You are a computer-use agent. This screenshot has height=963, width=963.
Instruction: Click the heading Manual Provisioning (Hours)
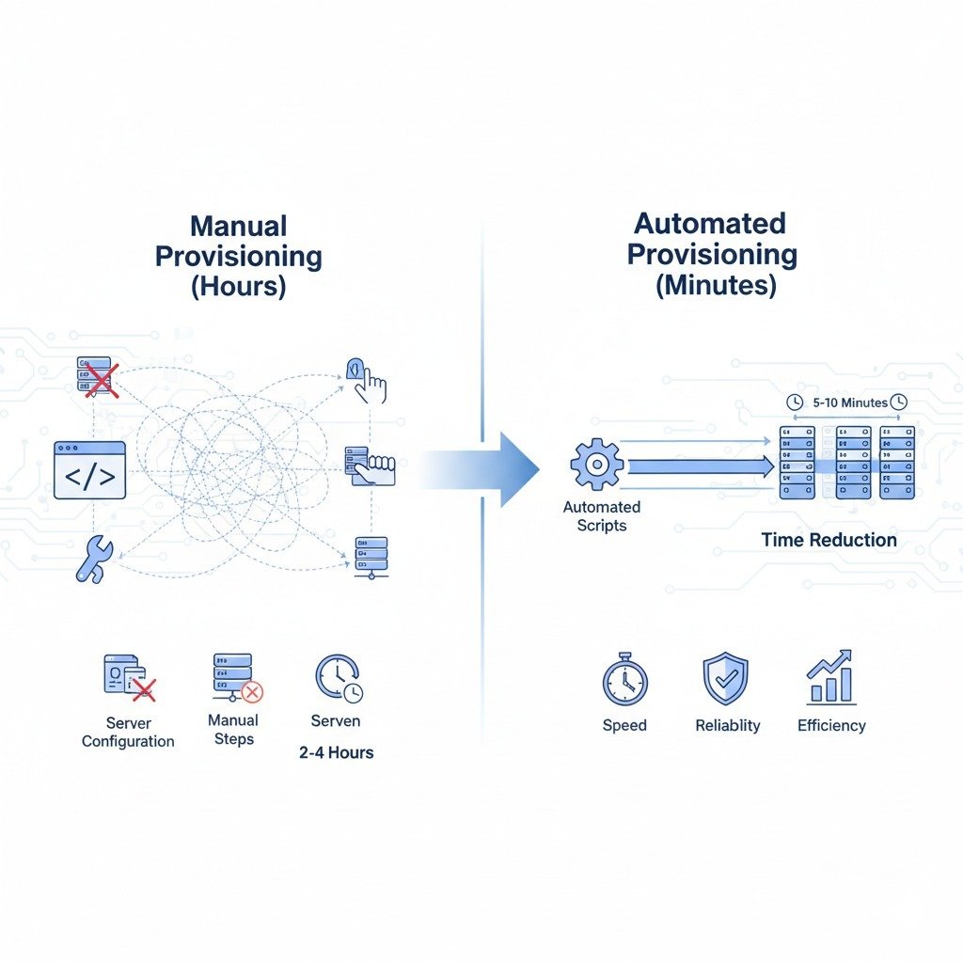coord(238,256)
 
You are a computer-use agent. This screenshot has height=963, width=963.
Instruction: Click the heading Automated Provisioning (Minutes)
coord(711,254)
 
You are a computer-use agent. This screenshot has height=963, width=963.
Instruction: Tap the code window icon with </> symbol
coord(89,469)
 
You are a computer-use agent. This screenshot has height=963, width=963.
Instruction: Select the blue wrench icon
coord(93,558)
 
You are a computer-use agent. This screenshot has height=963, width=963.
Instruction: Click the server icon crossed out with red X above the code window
coord(96,376)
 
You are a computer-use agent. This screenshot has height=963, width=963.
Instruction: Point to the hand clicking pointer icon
coord(368,379)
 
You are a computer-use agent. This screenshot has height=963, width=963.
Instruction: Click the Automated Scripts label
coord(601,516)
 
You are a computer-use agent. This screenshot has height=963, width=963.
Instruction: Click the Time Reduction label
coord(829,540)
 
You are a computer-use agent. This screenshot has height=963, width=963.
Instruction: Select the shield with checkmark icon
coord(725,679)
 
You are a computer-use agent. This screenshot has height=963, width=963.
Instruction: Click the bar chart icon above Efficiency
coord(830,677)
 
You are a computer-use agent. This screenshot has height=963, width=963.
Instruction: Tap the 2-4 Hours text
coord(336,752)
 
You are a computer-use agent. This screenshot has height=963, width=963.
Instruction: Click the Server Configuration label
coord(128,733)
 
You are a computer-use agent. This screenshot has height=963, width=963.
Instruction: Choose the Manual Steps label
coord(233,730)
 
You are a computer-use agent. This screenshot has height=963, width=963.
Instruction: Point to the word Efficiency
coord(831,725)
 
